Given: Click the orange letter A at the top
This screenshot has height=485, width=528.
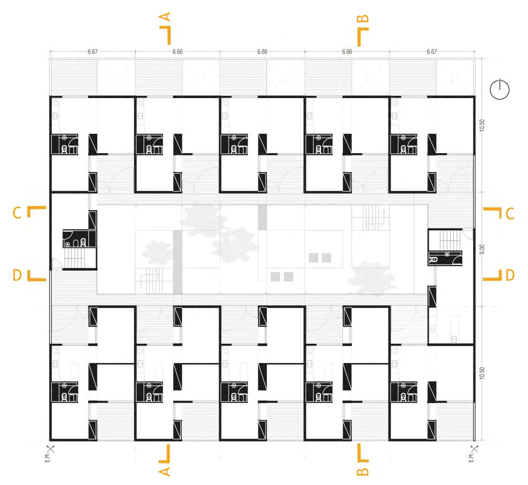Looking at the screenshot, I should click(164, 17).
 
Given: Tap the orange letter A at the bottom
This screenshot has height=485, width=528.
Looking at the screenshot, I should click(164, 471).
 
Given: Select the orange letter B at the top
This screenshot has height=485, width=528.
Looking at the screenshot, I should click(363, 19).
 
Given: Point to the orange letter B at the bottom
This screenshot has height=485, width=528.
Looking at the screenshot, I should click(363, 471).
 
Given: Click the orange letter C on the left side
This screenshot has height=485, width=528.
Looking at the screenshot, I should click(17, 213).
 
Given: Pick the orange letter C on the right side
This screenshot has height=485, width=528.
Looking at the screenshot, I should click(510, 213).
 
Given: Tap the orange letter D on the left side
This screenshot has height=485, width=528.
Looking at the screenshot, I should click(17, 275).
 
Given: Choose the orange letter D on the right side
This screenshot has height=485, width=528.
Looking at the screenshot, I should click(510, 275).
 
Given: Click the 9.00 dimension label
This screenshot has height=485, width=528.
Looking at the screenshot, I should click(482, 249).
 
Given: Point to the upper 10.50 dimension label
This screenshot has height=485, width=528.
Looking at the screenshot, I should click(482, 125).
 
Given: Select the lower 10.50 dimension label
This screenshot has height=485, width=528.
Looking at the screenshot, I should click(482, 373).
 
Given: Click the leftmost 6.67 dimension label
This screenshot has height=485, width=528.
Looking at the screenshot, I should click(93, 52).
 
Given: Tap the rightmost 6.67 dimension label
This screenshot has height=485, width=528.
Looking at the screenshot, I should click(432, 52).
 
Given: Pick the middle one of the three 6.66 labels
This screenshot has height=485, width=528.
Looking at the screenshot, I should click(262, 52).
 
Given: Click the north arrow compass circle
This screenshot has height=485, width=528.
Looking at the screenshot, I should click(499, 90).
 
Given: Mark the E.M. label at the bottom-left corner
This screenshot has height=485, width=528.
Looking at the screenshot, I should click(47, 458).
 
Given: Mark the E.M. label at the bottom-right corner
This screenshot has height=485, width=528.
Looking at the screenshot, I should click(471, 458).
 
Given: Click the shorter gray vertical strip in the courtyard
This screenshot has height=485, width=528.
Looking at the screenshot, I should click(262, 217).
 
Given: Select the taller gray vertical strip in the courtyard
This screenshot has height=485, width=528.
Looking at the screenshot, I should click(178, 262).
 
